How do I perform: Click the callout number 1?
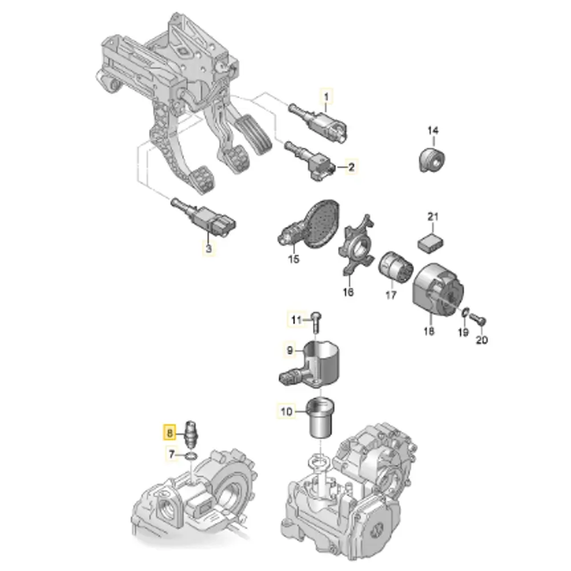[326, 97]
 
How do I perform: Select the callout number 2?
[351, 167]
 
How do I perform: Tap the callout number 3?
[208, 249]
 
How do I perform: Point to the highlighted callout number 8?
[170, 433]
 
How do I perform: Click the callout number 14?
[433, 130]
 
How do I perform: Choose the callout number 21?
[433, 217]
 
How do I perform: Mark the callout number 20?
[481, 340]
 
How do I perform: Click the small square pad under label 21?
[431, 243]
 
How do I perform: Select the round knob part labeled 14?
[431, 159]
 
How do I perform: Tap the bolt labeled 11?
[316, 321]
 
